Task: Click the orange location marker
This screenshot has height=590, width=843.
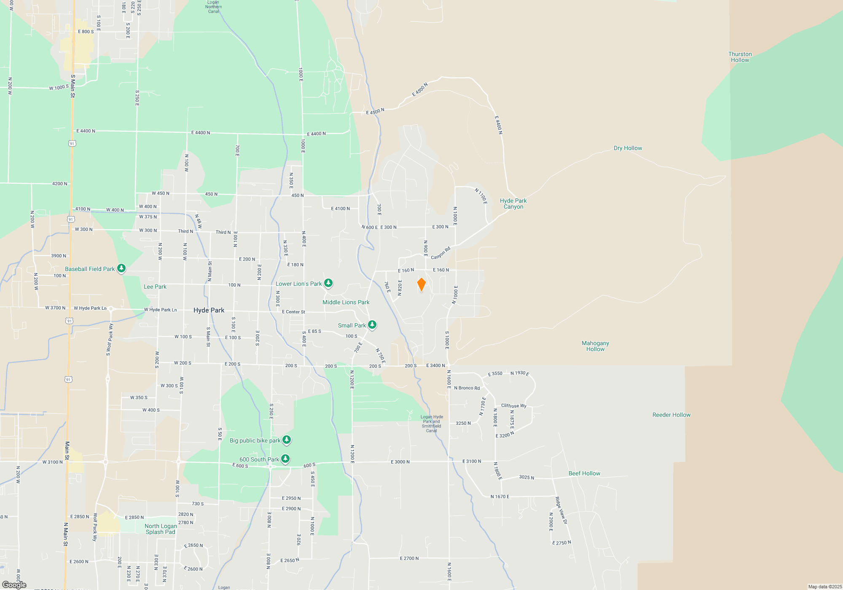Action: click(421, 284)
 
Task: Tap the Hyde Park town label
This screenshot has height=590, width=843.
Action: click(209, 310)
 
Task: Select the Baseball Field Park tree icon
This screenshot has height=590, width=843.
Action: click(121, 268)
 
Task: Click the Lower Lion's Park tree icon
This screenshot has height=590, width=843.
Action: click(328, 283)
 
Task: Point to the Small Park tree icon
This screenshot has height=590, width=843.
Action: click(372, 324)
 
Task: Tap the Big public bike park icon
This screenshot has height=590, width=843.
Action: click(287, 440)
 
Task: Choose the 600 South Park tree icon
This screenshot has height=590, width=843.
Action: click(285, 459)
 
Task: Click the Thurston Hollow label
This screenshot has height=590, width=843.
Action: click(740, 57)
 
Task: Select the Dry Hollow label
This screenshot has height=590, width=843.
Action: click(628, 148)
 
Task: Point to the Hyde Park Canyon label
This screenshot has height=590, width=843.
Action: click(513, 204)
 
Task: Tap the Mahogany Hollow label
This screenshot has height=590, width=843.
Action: click(595, 346)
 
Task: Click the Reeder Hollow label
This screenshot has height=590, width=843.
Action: click(671, 415)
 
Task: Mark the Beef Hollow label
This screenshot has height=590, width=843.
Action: click(584, 473)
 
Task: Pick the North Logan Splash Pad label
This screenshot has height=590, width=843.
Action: click(161, 529)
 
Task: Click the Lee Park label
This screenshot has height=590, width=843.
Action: click(155, 287)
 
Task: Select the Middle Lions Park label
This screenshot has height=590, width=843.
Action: click(346, 302)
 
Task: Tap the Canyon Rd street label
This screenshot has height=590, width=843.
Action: click(440, 253)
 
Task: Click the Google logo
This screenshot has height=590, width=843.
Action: click(14, 585)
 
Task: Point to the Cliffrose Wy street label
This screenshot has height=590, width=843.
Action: click(513, 405)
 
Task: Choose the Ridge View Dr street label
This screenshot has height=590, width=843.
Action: click(561, 510)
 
